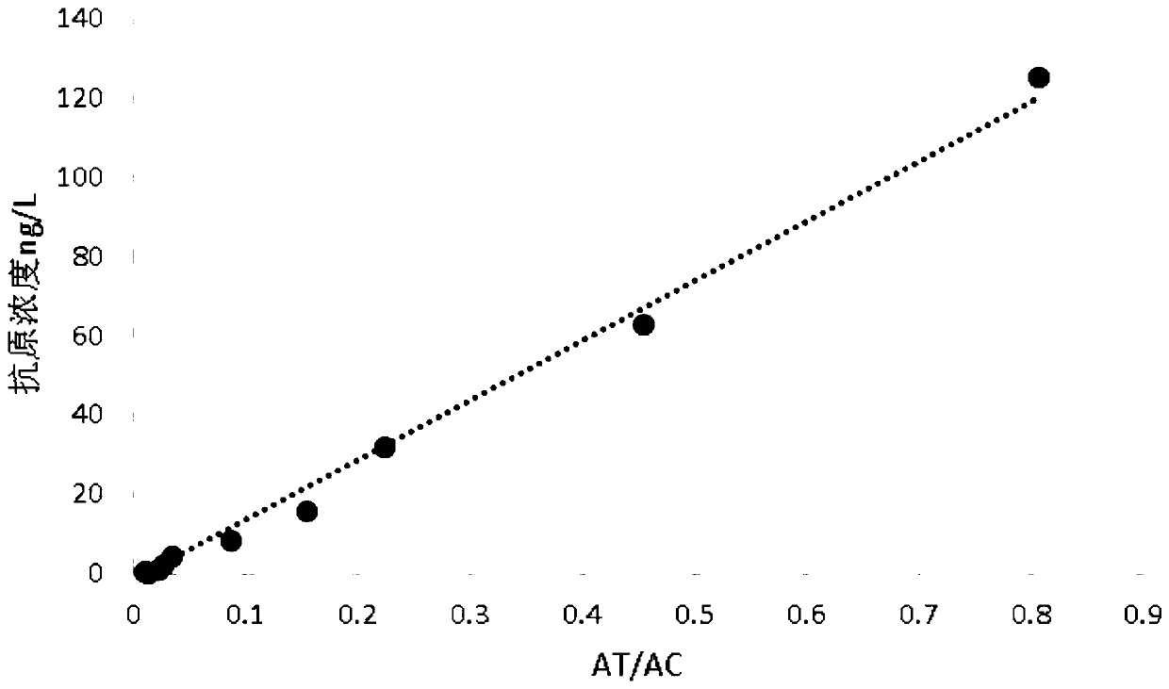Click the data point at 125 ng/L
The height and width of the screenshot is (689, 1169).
tap(1038, 77)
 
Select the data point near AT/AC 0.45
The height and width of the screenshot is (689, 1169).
tap(644, 324)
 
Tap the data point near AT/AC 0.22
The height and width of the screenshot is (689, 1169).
tap(385, 447)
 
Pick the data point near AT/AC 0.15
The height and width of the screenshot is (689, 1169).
tap(306, 511)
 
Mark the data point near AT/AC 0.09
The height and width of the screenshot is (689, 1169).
tap(231, 540)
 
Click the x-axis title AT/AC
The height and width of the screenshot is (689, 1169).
tap(636, 665)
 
